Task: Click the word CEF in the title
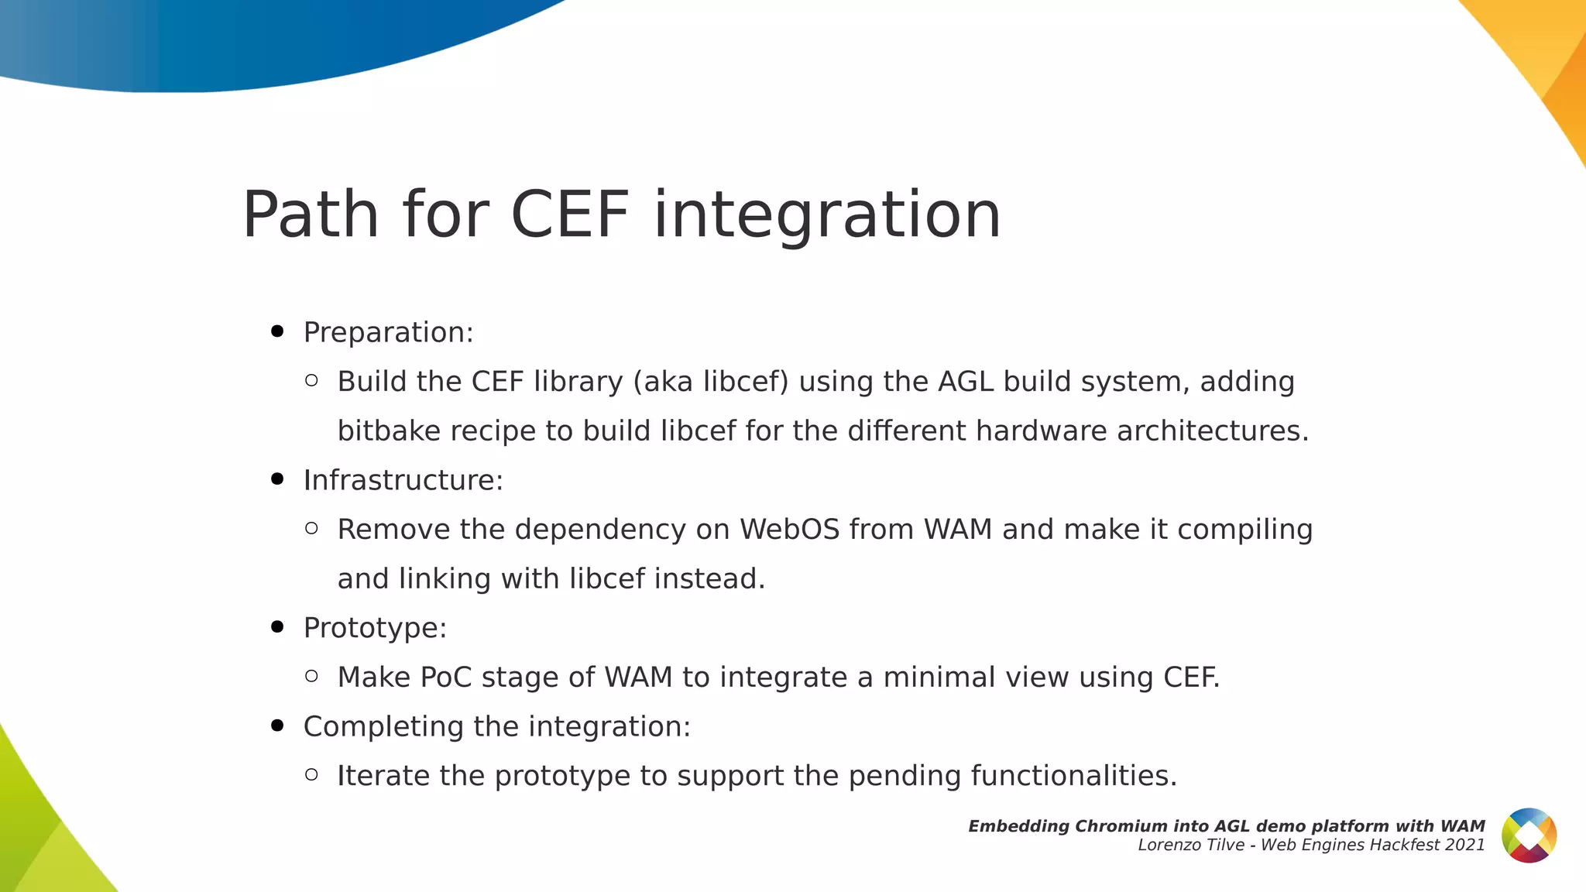click(x=569, y=214)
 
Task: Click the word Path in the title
click(x=311, y=214)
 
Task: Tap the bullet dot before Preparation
click(x=277, y=332)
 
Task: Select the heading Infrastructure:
click(x=403, y=480)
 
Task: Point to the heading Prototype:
click(x=375, y=628)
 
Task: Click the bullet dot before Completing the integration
click(x=277, y=726)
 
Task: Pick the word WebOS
click(x=789, y=530)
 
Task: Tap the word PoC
click(x=445, y=678)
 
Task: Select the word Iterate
click(x=383, y=776)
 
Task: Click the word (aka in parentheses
click(x=663, y=382)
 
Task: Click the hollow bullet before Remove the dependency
click(x=311, y=529)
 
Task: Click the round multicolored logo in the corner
click(x=1529, y=835)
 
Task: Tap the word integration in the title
click(x=827, y=214)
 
